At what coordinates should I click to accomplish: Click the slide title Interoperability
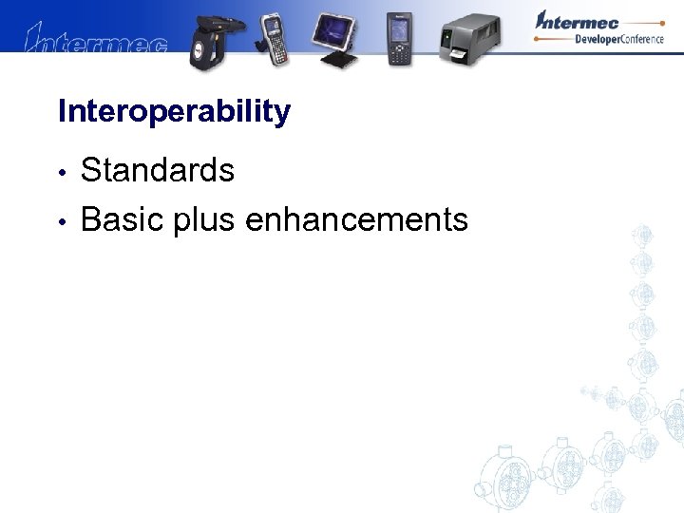174,112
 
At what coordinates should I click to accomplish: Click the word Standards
158,171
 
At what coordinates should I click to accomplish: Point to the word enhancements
356,220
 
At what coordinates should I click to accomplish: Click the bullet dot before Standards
62,173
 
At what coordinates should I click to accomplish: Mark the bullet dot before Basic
62,222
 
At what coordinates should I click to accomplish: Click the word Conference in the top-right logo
647,39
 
